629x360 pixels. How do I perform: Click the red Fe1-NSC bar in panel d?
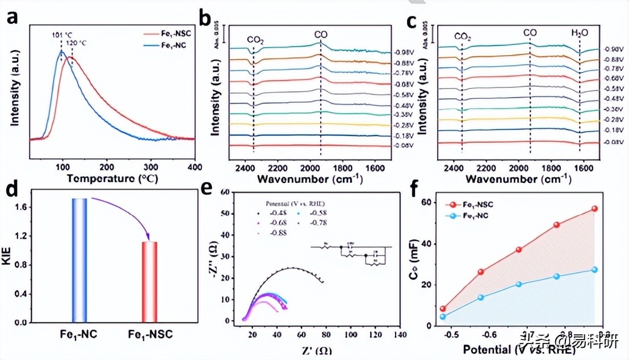coord(149,282)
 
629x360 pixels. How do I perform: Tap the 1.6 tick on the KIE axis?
coord(19,208)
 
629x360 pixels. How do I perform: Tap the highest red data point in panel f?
coord(594,208)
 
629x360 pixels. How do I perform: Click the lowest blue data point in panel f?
coord(443,316)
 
